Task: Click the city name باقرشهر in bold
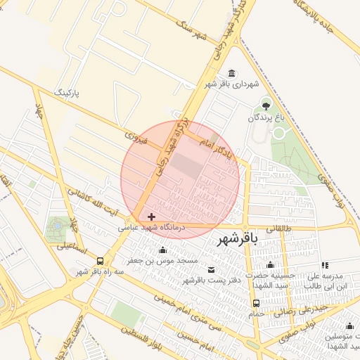(238, 239)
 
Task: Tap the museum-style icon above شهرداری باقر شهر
(232, 75)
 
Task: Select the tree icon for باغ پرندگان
(266, 106)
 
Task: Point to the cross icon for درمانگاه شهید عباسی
(151, 217)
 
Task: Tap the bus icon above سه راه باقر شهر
(100, 261)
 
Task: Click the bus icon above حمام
(255, 304)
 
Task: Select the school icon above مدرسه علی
(324, 265)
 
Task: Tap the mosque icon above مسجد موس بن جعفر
(163, 250)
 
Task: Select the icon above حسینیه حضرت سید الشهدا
(270, 265)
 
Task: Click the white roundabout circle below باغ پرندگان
(279, 133)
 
